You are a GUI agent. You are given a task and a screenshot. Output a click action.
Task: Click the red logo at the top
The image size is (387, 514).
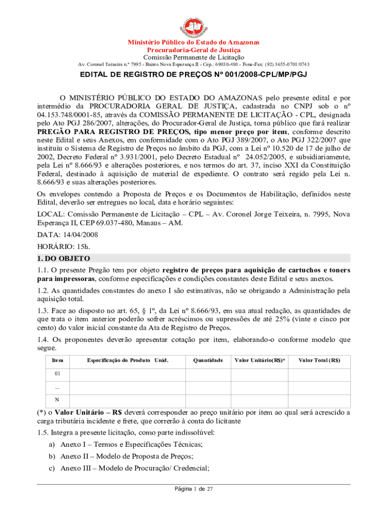coord(193,25)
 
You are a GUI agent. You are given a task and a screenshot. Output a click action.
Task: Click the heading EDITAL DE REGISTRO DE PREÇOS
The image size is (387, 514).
coord(193,75)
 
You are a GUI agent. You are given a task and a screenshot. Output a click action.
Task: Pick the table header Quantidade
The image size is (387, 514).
coord(208,360)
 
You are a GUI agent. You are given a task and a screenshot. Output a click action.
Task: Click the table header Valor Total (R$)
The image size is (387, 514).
coord(319,360)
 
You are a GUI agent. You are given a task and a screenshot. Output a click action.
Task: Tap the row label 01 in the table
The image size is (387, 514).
coord(57,374)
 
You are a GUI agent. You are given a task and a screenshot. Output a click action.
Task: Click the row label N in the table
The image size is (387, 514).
coord(57,400)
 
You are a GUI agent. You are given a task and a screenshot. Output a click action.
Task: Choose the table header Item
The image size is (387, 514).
coord(57,360)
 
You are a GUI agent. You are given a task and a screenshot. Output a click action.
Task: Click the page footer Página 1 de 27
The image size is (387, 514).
coord(194,489)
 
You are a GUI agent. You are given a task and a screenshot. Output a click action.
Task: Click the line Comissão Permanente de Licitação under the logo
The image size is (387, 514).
coord(193,57)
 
